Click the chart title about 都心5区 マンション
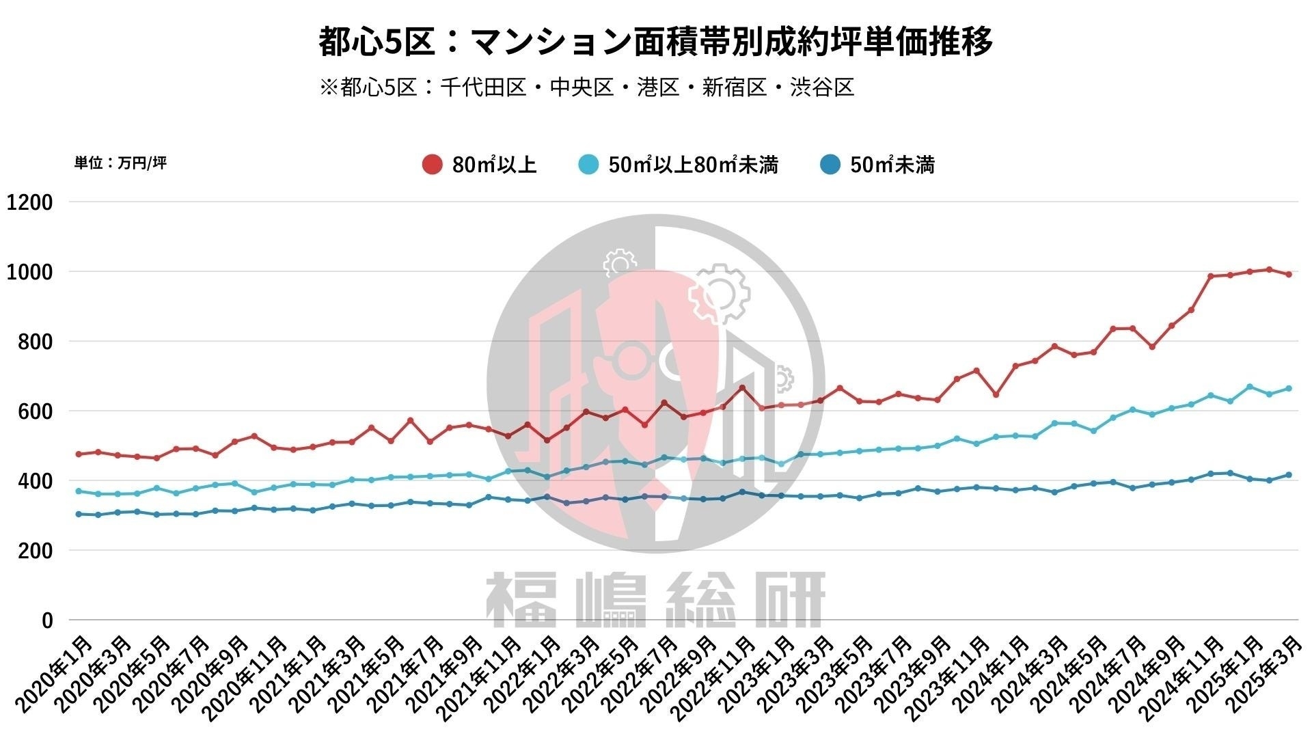655,41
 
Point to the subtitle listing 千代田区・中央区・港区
586,87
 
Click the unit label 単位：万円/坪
120,163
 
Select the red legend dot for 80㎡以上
432,165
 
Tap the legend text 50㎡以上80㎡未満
693,165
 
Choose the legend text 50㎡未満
892,165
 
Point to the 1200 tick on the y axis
29,202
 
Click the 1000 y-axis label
29,272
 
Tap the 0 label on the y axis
47,620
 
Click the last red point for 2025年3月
1289,275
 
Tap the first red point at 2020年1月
79,454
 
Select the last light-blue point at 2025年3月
1289,388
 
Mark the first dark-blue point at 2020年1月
79,514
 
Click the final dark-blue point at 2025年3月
1289,475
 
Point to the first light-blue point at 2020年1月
79,491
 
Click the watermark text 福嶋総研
655,600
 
